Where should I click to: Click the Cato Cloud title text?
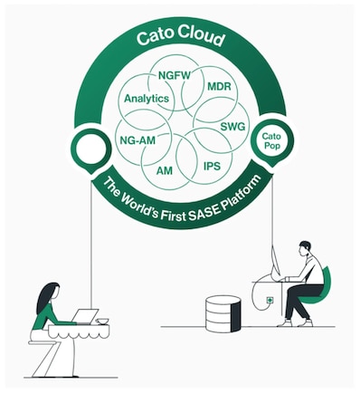click(x=179, y=39)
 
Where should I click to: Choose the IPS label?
click(x=213, y=167)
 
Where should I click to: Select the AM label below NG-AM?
click(x=165, y=170)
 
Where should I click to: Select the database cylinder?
click(x=223, y=312)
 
